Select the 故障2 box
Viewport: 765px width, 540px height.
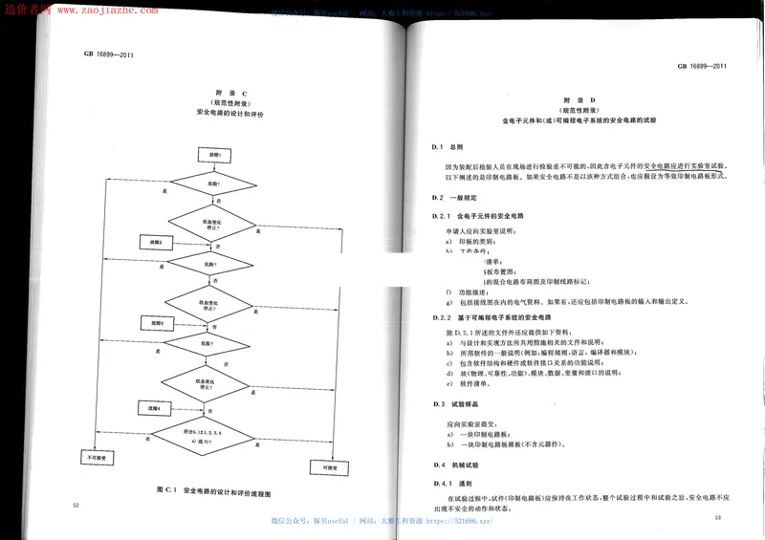(156, 241)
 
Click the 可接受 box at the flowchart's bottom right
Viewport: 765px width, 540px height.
(319, 465)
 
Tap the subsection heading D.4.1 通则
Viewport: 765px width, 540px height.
(453, 483)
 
